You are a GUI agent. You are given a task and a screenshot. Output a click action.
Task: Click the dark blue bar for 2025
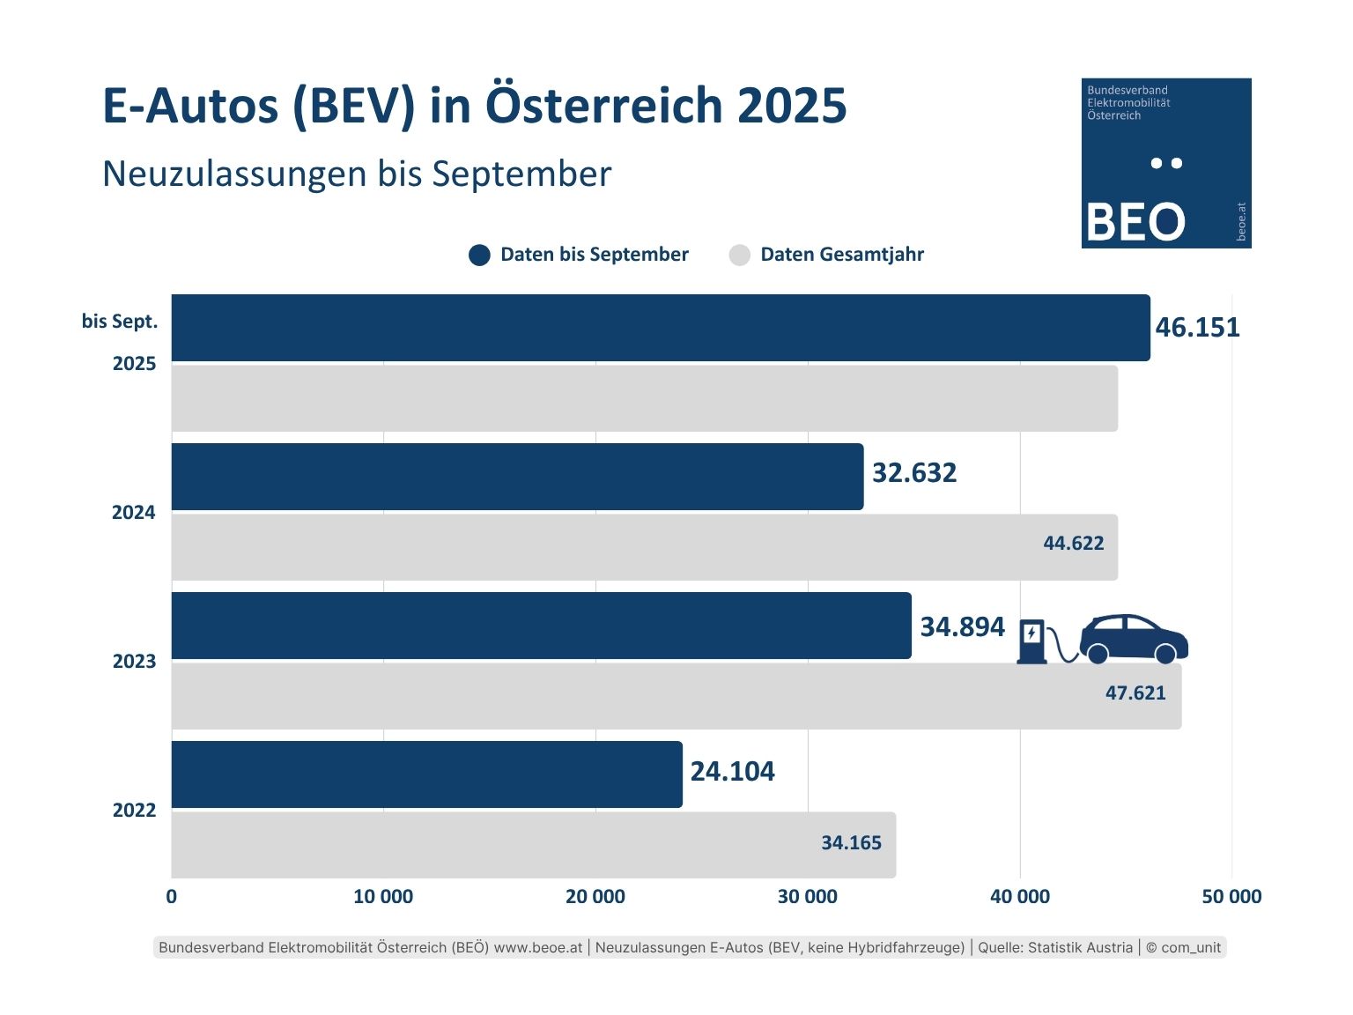point(661,328)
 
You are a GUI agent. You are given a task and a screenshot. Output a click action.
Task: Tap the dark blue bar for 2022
point(426,774)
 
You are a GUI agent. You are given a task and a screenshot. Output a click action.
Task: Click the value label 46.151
point(1197,328)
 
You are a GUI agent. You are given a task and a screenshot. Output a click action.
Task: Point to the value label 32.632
point(914,473)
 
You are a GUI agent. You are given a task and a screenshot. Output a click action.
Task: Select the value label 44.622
point(1073,544)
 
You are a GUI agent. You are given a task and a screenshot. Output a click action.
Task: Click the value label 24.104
point(732,772)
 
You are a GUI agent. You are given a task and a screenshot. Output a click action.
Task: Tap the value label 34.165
point(851,843)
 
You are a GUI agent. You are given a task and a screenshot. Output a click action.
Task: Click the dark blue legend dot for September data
point(479,256)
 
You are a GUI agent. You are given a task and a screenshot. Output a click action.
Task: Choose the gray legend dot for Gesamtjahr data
point(740,256)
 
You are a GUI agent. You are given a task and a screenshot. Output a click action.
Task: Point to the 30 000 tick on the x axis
point(807,897)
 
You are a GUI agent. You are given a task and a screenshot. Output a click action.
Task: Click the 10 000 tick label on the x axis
point(383,897)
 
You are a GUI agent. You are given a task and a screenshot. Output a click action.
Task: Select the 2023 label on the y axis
point(134,662)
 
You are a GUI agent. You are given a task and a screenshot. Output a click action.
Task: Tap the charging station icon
point(1032,641)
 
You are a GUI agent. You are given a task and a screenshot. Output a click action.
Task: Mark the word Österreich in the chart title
point(605,106)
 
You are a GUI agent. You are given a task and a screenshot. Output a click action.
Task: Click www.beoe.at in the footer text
point(538,948)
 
